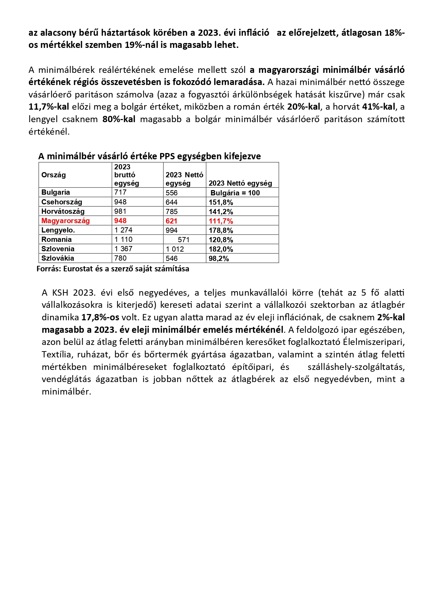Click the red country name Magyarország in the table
65,221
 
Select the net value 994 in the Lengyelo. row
172,230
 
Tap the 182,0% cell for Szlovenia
221,249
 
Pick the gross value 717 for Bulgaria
121,192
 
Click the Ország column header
53,175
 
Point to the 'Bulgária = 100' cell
235,193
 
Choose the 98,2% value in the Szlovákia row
219,259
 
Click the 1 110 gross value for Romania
123,239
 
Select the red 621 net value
172,221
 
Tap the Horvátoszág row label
63,211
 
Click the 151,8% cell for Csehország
221,202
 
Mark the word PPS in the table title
167,156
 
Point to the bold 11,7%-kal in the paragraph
49,107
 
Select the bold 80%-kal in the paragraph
119,119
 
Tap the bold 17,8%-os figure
100,317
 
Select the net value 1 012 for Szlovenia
175,249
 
